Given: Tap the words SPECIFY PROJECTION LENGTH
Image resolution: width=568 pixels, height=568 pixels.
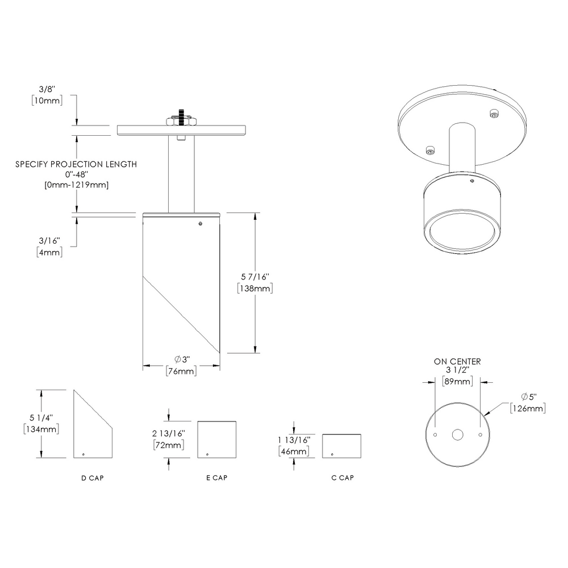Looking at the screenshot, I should tap(76, 164).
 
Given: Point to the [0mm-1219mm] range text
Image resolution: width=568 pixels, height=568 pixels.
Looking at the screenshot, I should tap(76, 185).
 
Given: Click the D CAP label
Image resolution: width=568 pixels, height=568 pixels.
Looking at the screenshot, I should tap(93, 478).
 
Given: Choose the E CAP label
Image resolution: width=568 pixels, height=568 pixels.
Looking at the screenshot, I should tap(216, 478).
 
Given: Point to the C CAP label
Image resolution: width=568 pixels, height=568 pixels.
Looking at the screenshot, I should tap(343, 478).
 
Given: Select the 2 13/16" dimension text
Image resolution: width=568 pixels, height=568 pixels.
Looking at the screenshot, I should tap(168, 433).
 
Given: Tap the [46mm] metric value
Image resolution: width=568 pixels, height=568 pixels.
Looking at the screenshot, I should tap(293, 452).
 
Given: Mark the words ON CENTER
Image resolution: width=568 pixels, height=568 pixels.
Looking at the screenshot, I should tap(457, 361).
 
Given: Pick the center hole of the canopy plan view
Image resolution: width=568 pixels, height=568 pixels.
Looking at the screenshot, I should tap(457, 435).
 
